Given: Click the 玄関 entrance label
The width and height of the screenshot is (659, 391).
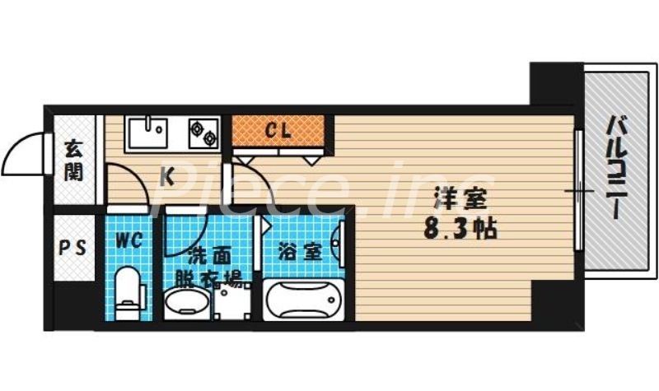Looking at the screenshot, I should (74, 161).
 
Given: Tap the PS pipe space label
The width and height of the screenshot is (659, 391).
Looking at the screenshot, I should (73, 248).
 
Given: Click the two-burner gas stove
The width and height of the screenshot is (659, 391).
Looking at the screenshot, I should (203, 131).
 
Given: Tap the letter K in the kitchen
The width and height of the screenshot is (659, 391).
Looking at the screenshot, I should (166, 175).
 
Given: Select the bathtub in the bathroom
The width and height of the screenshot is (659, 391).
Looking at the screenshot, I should (303, 300).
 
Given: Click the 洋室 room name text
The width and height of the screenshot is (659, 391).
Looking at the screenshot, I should (460, 200).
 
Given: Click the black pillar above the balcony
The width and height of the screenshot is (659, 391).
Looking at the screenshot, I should (554, 82).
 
